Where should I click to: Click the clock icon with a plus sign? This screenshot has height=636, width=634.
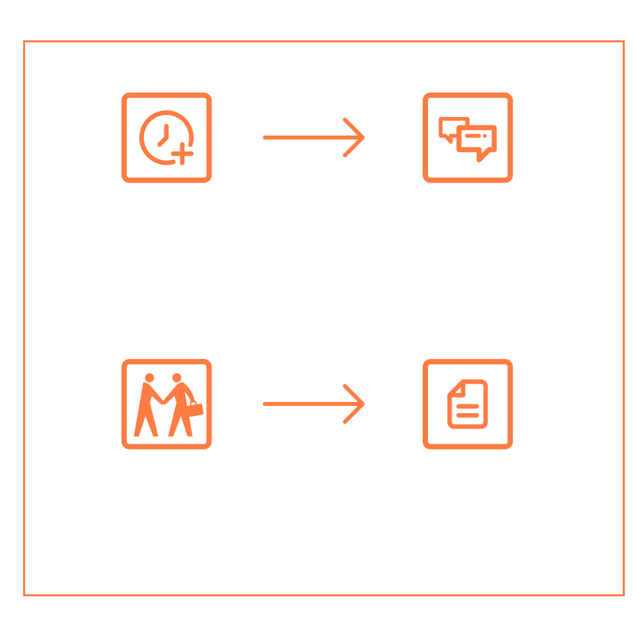[166, 138]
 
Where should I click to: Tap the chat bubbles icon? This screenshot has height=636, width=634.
[468, 138]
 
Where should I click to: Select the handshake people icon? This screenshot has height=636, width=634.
[166, 404]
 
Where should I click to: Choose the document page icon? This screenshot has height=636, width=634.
[468, 404]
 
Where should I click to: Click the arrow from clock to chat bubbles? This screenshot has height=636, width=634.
[314, 138]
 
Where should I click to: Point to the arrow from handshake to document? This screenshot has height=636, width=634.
[314, 404]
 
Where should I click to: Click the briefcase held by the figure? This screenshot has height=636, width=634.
[196, 409]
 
